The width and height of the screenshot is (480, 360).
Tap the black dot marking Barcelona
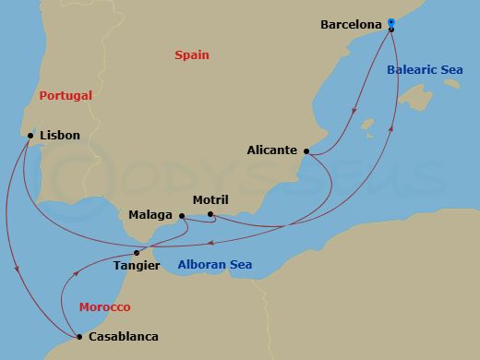point(391,30)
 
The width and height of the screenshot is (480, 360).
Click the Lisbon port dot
point(30,136)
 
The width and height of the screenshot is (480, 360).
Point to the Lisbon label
point(60,136)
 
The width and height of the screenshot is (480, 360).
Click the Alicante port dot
point(306,150)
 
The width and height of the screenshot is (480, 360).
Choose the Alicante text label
point(272,150)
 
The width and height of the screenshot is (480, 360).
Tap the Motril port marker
point(210,215)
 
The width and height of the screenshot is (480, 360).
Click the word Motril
point(210,199)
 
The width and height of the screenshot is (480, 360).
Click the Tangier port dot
point(137,252)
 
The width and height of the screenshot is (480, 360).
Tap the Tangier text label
point(137,266)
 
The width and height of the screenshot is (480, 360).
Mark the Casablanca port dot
point(79,337)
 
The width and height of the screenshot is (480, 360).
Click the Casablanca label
point(123,337)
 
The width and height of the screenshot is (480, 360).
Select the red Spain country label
point(192,55)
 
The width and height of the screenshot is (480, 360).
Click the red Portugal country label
point(66,95)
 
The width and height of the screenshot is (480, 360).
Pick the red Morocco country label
point(104,306)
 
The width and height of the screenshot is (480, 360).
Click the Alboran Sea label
point(217,266)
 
